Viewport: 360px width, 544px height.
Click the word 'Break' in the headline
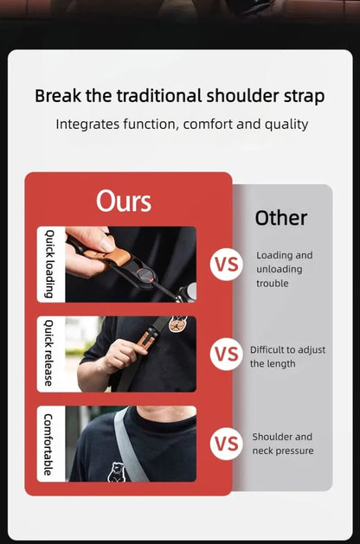(58, 95)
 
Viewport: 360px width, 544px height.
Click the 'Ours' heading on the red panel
(124, 201)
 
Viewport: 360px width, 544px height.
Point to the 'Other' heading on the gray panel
(281, 218)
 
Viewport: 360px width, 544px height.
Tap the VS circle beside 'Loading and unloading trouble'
(227, 265)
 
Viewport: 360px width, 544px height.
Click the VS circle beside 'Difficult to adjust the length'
(227, 354)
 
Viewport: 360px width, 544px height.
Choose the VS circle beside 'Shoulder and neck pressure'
(227, 444)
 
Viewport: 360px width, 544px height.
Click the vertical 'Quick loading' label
(50, 264)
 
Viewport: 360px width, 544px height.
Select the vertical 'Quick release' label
(49, 353)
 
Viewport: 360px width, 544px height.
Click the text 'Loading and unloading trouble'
(285, 269)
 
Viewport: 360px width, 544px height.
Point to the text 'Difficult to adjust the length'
(287, 356)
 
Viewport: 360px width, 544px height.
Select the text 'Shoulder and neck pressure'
(283, 444)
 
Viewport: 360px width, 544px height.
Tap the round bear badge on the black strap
(177, 324)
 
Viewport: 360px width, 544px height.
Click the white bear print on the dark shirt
(115, 472)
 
